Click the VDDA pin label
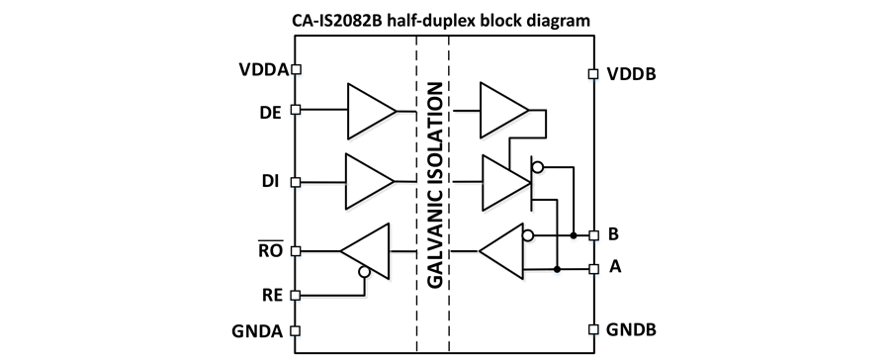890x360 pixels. (x=264, y=69)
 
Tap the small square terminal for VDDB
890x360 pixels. (x=593, y=74)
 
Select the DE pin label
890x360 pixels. (x=270, y=113)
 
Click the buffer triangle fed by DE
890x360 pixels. (x=372, y=111)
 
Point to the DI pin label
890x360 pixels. (x=270, y=182)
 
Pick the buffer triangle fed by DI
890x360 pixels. (x=370, y=182)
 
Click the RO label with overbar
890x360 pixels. (x=270, y=250)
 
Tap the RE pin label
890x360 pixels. (x=271, y=296)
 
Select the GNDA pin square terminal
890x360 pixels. (x=295, y=330)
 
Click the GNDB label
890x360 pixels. (x=631, y=329)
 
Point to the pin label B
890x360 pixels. (x=613, y=233)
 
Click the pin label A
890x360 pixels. (x=615, y=266)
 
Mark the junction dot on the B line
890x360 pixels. (x=574, y=235)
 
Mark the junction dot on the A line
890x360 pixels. (x=558, y=269)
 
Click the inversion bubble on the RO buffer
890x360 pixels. (x=364, y=272)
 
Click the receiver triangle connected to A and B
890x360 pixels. (x=501, y=251)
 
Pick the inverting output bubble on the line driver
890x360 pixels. (x=537, y=167)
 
